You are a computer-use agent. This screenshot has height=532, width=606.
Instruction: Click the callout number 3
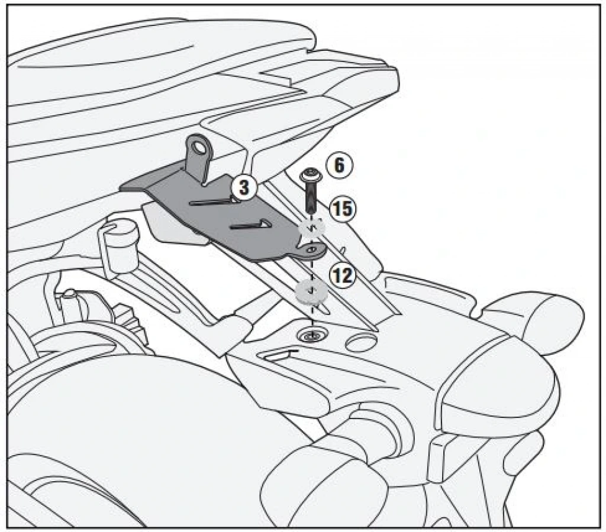pos(244,188)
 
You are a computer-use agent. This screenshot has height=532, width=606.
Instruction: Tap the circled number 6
pos(339,166)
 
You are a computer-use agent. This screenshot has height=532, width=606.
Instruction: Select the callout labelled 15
pos(343,209)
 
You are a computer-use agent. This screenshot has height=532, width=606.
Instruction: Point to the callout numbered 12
pos(342,276)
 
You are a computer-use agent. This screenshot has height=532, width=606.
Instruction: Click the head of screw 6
pos(310,175)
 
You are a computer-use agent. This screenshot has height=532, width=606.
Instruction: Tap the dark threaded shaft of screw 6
pos(311,196)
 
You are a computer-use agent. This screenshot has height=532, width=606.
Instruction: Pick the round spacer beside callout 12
pos(311,292)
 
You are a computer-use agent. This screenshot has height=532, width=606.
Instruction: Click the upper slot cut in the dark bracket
pos(214,201)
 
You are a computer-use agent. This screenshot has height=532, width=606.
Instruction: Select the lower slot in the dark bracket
pos(250,225)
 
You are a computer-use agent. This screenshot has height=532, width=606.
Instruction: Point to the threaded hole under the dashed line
pos(311,336)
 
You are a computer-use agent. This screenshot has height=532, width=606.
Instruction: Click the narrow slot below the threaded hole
pos(279,355)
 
